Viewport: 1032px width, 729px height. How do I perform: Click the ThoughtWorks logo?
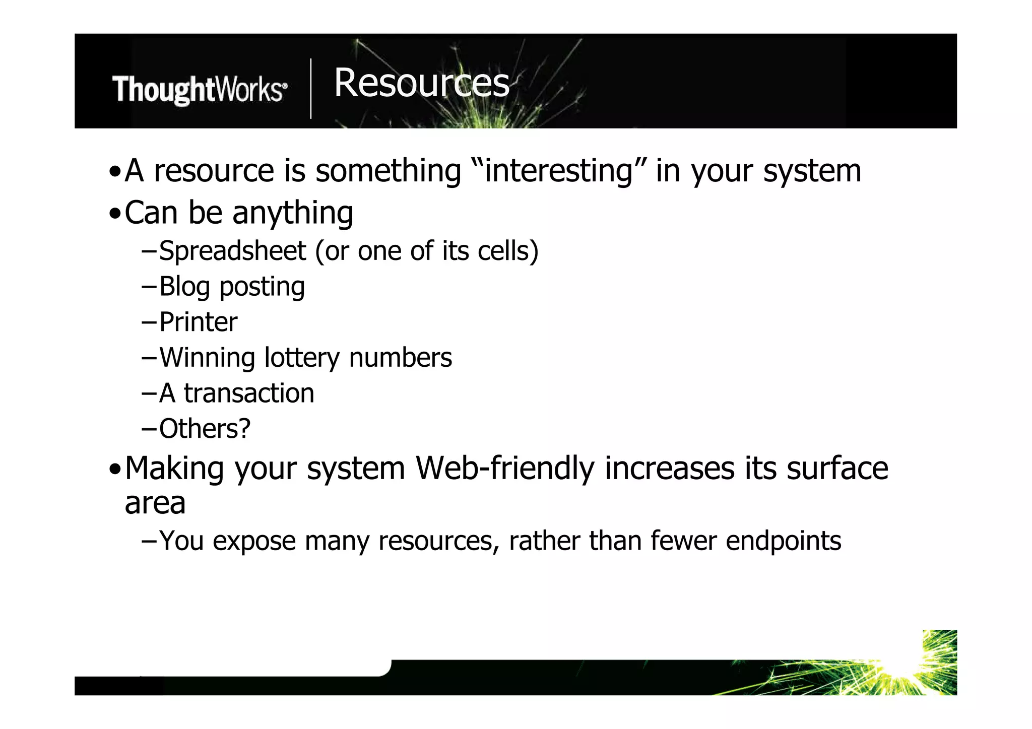200,90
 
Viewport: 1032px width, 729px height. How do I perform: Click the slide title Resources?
421,83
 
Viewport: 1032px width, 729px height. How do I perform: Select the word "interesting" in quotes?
558,171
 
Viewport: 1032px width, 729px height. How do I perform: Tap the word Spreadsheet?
232,251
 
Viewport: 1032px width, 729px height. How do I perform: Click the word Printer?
198,322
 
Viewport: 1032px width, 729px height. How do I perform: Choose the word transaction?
249,393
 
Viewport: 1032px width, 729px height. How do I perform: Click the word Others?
205,429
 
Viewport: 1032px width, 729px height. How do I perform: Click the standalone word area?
155,503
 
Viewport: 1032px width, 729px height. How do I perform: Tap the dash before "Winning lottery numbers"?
149,358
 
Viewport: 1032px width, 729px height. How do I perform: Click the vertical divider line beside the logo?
311,89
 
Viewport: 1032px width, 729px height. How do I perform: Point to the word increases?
670,469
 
